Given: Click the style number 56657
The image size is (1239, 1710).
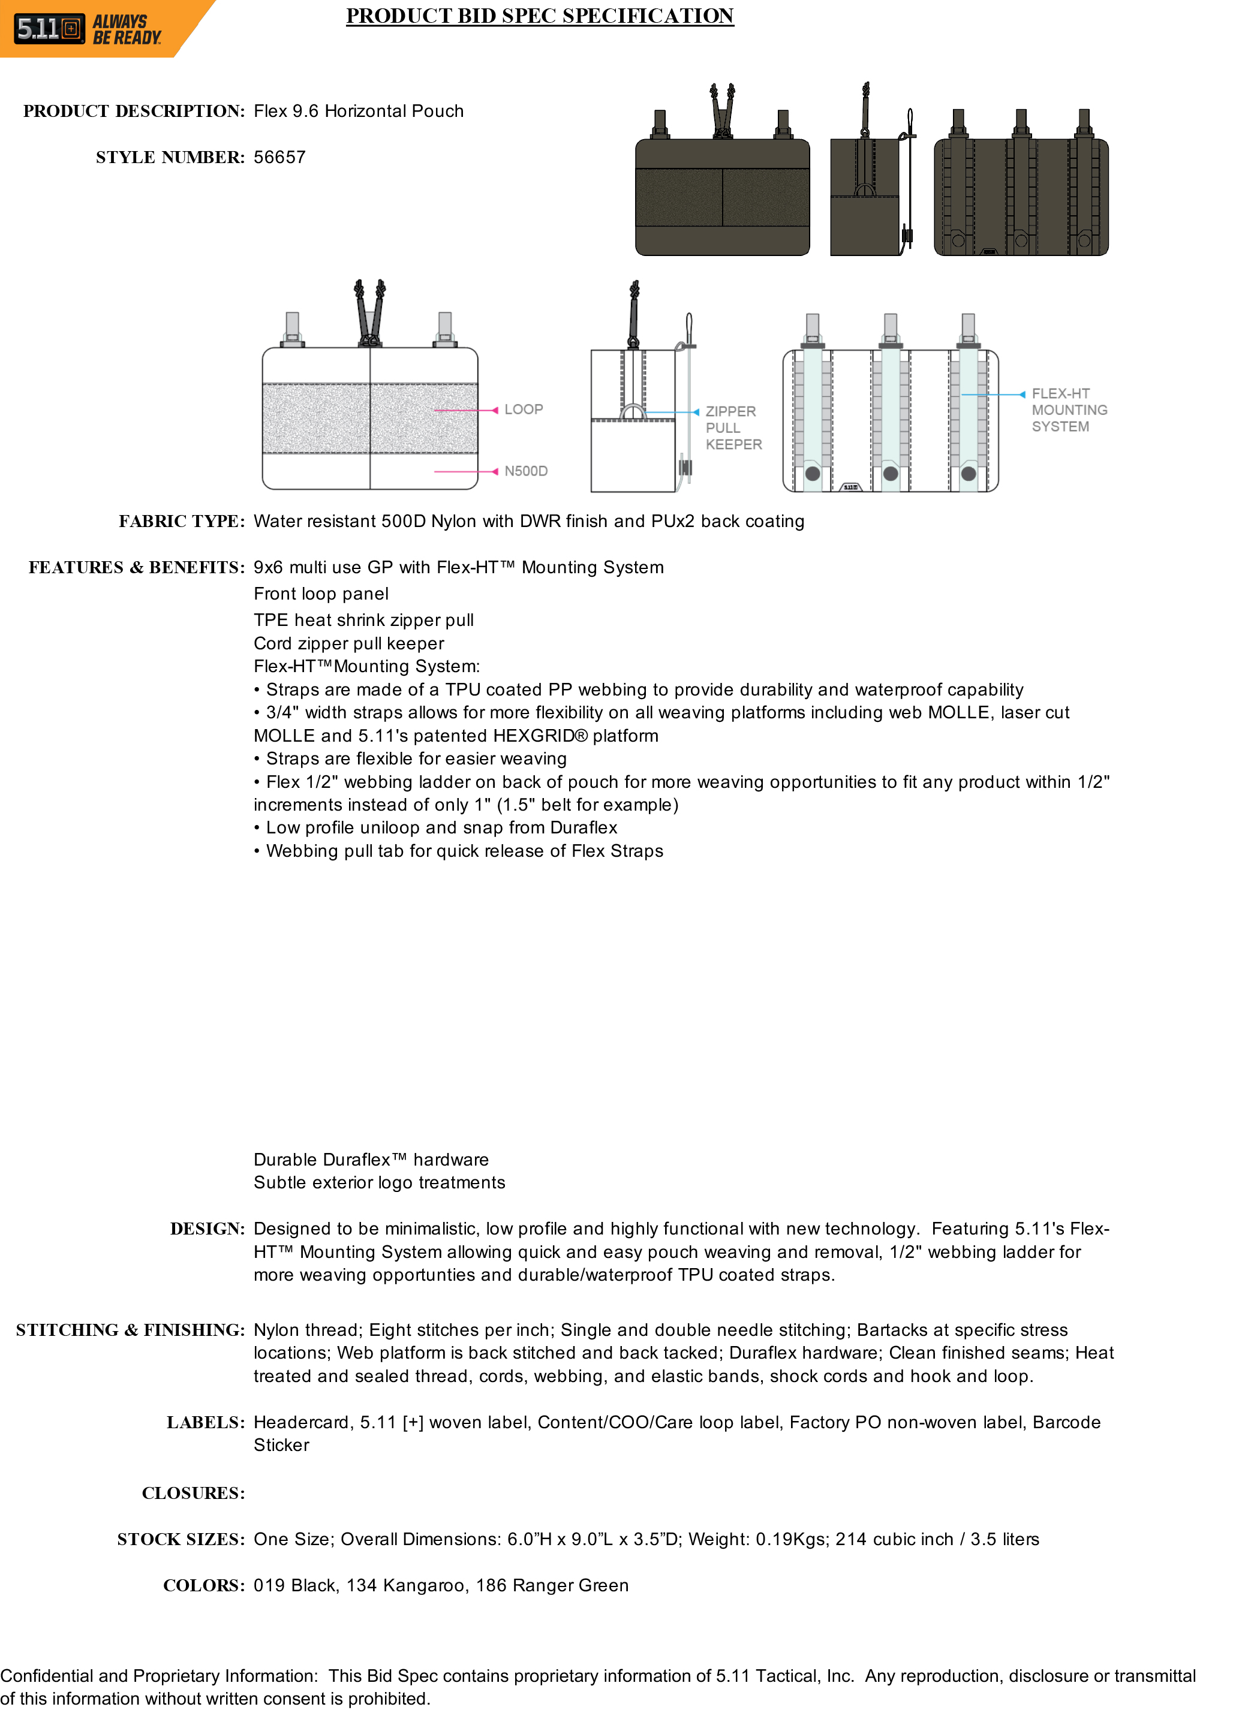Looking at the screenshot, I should click(x=279, y=158).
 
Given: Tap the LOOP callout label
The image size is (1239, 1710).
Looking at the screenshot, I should click(x=524, y=410).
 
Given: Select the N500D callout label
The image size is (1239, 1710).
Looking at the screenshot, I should click(x=525, y=471).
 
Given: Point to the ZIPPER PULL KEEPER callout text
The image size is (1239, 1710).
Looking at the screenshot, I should click(x=732, y=427).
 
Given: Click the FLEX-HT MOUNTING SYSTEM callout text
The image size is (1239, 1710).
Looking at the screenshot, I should click(x=1069, y=410).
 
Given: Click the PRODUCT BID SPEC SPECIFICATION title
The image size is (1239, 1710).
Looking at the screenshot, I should click(x=539, y=16).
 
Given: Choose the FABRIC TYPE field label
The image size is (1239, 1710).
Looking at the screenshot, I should click(x=181, y=522).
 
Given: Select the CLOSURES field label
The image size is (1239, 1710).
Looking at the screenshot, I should click(x=193, y=1494).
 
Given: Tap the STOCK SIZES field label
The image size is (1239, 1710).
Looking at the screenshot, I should click(x=181, y=1540).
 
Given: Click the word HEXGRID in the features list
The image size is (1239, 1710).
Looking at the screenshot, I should click(x=534, y=736).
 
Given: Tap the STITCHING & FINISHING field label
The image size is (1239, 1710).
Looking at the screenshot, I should click(x=130, y=1330).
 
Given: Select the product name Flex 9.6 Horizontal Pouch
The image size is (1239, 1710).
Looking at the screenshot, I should click(x=358, y=112).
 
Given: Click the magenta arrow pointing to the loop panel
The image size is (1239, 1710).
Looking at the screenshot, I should click(x=495, y=410).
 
